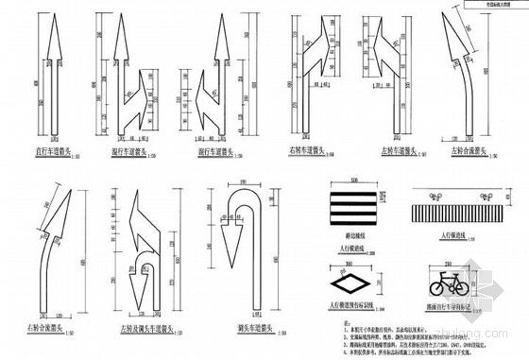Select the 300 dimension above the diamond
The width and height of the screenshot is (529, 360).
(x=350, y=265)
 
